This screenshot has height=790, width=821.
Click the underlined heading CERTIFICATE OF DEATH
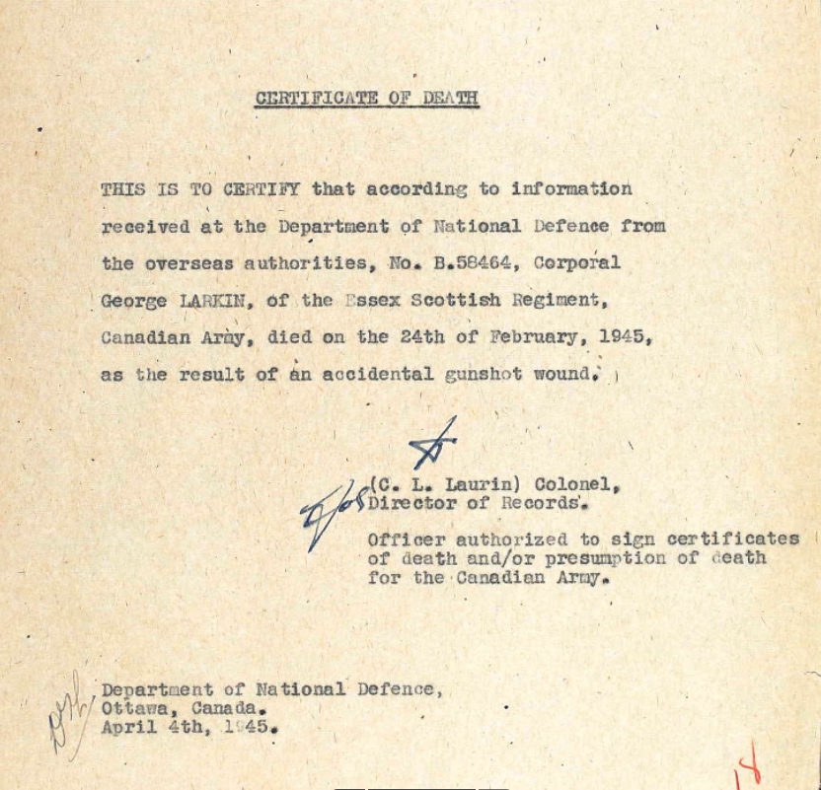(367, 98)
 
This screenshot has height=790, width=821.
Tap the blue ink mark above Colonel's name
(434, 444)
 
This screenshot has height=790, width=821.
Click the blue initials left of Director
(332, 510)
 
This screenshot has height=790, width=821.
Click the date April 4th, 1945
(188, 729)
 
